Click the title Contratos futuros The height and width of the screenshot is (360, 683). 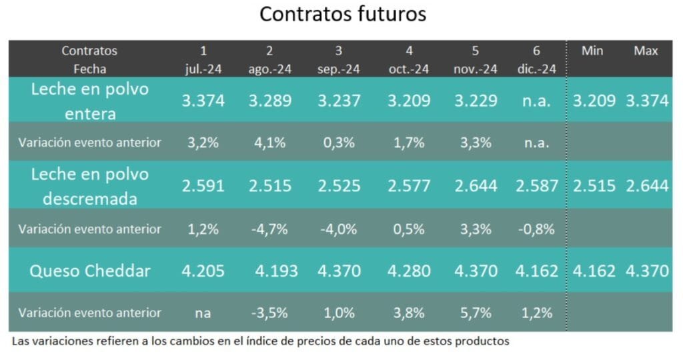pyautogui.click(x=342, y=15)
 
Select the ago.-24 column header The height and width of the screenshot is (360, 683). pyautogui.click(x=269, y=69)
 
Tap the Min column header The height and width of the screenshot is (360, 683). pyautogui.click(x=592, y=51)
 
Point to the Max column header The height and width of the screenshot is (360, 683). pyautogui.click(x=646, y=51)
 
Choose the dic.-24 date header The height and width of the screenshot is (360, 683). pyautogui.click(x=537, y=69)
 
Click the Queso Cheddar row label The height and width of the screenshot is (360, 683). pyautogui.click(x=89, y=271)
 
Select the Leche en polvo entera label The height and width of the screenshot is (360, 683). pyautogui.click(x=89, y=101)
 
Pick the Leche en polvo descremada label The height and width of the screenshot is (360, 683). pyautogui.click(x=89, y=186)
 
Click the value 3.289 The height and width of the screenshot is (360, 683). pyautogui.click(x=270, y=101)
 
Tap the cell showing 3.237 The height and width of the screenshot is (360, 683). pyautogui.click(x=338, y=101)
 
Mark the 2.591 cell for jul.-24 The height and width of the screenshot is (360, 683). pyautogui.click(x=203, y=186)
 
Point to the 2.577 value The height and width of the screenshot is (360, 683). pyautogui.click(x=409, y=186)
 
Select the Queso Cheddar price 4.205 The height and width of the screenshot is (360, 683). pyautogui.click(x=203, y=271)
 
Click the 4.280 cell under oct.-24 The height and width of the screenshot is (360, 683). pyautogui.click(x=409, y=271)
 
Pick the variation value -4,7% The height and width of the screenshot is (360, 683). pyautogui.click(x=269, y=229)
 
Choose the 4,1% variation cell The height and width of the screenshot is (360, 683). pyautogui.click(x=269, y=142)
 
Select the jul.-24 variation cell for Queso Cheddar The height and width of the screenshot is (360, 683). pyautogui.click(x=203, y=313)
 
